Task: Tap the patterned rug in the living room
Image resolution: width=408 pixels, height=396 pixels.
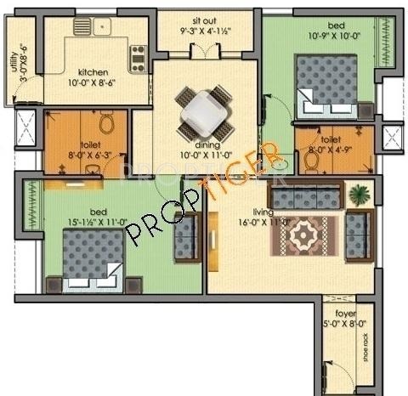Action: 303,234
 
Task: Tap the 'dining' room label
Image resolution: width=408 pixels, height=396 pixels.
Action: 203,144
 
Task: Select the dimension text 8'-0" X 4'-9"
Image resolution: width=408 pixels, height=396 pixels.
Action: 331,150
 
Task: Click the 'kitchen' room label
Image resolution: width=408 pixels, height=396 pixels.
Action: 93,74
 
